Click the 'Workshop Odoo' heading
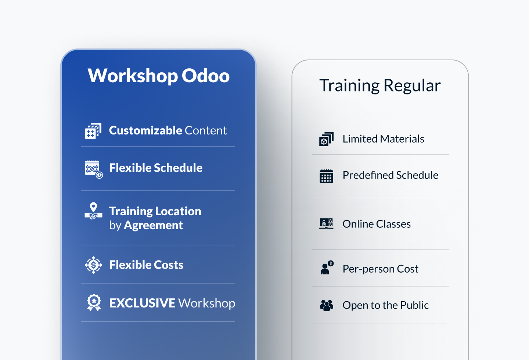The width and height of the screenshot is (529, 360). [x=158, y=76]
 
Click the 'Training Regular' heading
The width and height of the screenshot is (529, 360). [x=380, y=85]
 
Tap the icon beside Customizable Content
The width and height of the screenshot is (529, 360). [x=93, y=131]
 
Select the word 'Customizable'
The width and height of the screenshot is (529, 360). [x=145, y=130]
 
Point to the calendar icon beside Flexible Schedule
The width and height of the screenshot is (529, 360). [x=94, y=169]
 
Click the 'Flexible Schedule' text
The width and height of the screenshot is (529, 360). [x=156, y=168]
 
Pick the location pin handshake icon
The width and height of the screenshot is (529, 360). [x=94, y=211]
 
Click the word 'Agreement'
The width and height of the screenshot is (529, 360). [x=153, y=225]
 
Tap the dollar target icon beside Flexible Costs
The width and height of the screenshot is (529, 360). [x=94, y=265]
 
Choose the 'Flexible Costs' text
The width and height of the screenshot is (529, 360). [x=146, y=265]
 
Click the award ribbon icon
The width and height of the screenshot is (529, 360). [x=94, y=303]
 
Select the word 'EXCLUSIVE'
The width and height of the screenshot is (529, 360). [x=142, y=303]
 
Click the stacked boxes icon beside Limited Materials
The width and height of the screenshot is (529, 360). [x=326, y=139]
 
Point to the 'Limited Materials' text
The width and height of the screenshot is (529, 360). [x=383, y=139]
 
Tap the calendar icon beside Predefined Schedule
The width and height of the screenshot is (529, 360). [x=326, y=176]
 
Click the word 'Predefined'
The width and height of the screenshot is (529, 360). [x=368, y=175]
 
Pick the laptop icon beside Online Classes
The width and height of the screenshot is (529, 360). [x=326, y=223]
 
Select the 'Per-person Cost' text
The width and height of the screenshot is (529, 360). [x=381, y=269]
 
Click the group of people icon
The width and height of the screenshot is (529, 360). [x=327, y=305]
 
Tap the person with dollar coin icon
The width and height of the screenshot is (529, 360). [x=327, y=268]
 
